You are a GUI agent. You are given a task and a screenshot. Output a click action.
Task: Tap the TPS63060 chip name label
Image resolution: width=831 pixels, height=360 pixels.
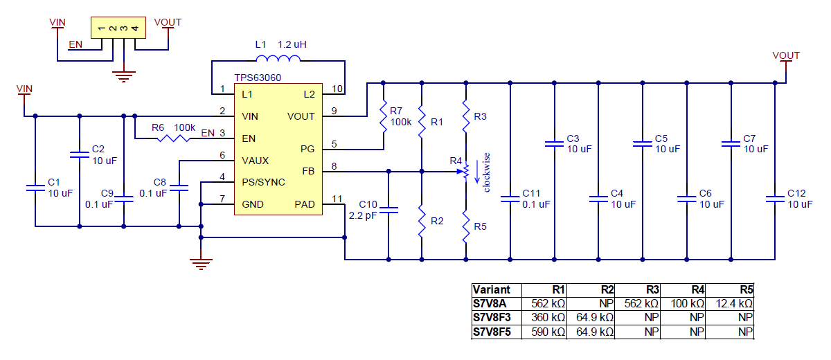coord(258,79)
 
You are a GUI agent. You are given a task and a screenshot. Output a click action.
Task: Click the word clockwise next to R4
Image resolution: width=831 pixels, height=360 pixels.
coord(486,172)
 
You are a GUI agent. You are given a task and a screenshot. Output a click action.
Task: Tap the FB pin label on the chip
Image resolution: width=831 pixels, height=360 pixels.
coord(307,171)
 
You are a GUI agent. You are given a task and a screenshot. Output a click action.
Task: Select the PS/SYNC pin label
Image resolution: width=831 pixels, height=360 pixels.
coord(264,182)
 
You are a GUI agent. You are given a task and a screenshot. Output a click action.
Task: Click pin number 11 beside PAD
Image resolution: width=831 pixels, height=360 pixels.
coord(337,199)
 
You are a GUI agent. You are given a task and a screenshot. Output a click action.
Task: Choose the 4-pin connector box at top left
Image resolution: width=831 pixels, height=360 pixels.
coord(118,28)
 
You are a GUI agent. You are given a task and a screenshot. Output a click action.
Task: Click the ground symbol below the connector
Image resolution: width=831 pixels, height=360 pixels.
coord(124,76)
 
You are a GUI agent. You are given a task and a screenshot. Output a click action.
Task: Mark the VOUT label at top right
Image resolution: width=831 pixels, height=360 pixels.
coord(786,55)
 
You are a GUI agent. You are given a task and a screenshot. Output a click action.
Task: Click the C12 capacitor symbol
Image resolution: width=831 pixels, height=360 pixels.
coord(775,199)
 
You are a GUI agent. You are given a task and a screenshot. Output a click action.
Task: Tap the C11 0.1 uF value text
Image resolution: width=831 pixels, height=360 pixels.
coord(536,204)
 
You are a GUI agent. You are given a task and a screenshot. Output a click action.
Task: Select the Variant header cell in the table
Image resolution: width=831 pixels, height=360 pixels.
coord(491,289)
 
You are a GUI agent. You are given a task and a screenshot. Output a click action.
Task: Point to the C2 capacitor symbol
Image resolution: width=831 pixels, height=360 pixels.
coord(80,154)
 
